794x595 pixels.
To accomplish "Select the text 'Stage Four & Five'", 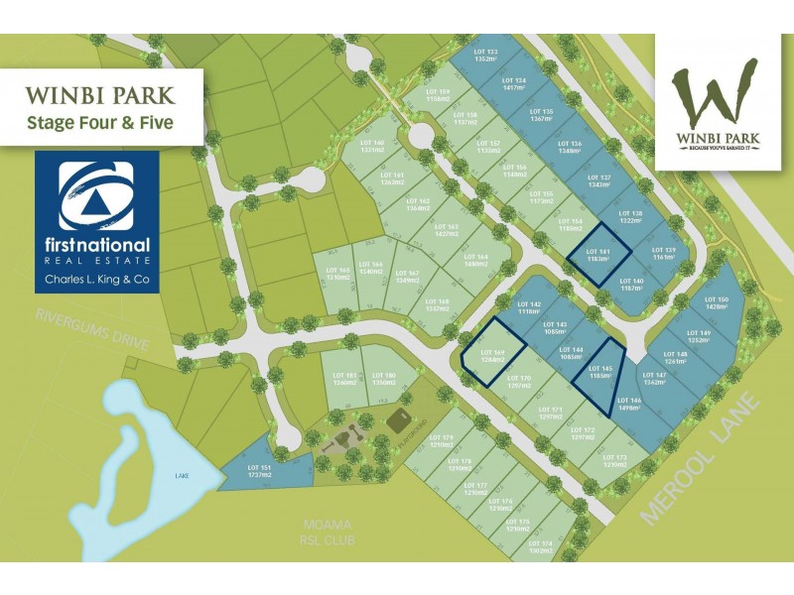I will (99, 123).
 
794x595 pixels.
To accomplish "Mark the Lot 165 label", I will (338, 274).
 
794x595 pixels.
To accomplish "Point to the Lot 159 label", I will (438, 95).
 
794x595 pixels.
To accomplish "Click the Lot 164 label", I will (477, 261).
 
